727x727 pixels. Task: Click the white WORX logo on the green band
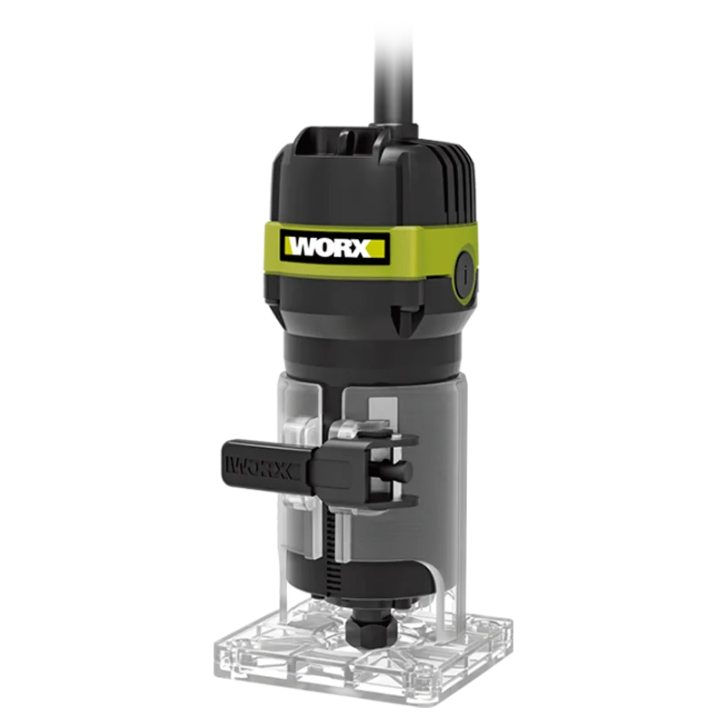[x=330, y=248]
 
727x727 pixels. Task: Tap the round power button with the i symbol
[x=465, y=274]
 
